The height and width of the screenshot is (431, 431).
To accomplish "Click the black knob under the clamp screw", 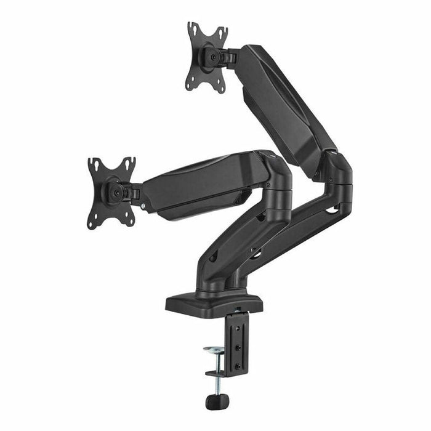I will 213,401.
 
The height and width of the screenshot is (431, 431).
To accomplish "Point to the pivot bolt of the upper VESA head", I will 214,56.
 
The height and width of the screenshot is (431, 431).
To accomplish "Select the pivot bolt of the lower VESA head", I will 115,191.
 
